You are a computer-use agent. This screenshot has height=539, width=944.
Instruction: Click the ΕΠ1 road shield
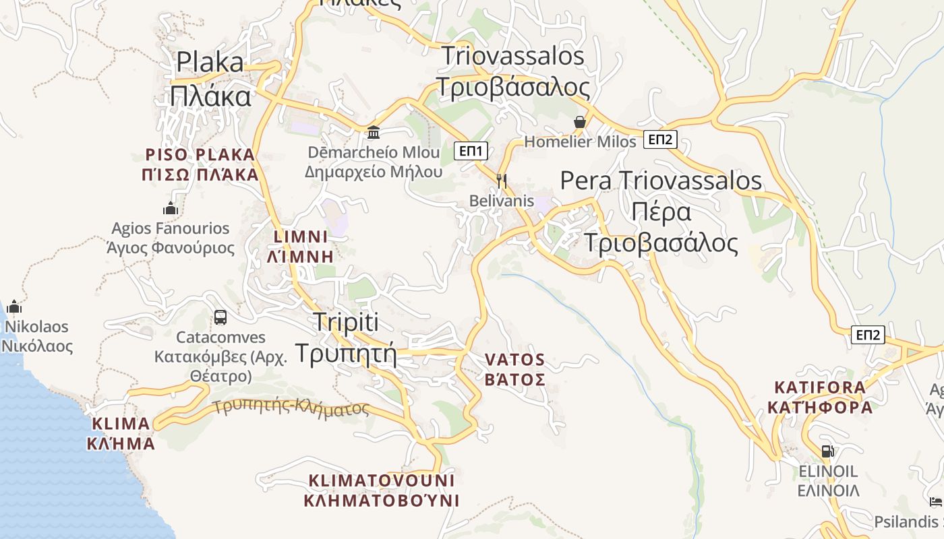coord(471,151)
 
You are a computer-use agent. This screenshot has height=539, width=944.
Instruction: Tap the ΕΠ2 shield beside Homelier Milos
coord(660,139)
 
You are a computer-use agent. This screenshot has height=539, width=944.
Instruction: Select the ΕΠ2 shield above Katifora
coord(868,335)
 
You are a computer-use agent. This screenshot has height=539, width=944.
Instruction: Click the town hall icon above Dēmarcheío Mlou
coord(374,132)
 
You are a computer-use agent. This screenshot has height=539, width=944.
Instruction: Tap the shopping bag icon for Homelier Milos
coord(579,122)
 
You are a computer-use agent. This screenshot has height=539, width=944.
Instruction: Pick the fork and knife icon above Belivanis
coord(501,181)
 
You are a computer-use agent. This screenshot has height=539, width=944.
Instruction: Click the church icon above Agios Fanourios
coord(171,208)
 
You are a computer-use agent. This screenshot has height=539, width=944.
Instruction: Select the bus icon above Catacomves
coord(220,317)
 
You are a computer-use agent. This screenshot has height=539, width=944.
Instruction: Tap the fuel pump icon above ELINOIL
coord(827,451)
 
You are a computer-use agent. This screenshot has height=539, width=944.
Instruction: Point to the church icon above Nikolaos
coord(14,307)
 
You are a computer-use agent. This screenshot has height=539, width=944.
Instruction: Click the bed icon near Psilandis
coord(935,502)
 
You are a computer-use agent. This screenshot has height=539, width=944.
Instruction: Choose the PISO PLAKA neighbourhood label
coord(200,165)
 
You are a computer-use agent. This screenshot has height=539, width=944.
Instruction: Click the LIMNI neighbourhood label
coord(301,246)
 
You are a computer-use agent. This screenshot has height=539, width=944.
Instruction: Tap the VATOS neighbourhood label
coord(515,370)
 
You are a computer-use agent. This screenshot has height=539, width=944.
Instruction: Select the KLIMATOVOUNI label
coord(382,490)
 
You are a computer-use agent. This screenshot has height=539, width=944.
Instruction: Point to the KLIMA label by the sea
coord(121,433)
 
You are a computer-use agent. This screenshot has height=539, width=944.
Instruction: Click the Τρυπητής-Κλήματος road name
coord(291,407)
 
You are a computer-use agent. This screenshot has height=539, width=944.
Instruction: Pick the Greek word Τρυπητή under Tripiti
coord(346,352)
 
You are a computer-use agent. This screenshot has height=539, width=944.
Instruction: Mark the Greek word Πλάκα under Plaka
coord(210,96)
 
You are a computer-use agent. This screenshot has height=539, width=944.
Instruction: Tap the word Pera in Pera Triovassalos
coord(586,181)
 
